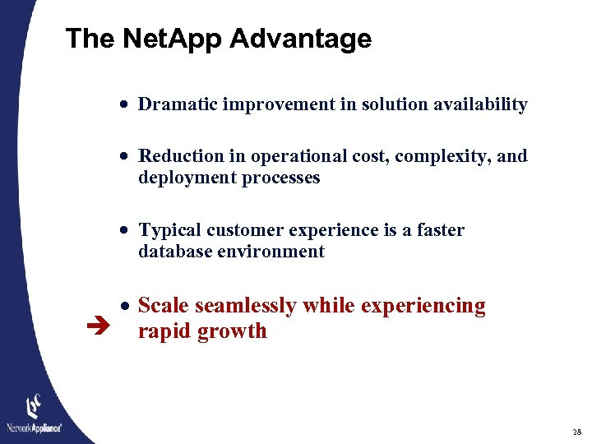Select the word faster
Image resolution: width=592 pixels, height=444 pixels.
pyautogui.click(x=437, y=230)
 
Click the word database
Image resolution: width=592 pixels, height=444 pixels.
pyautogui.click(x=174, y=252)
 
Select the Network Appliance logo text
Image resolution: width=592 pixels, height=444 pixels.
pyautogui.click(x=35, y=428)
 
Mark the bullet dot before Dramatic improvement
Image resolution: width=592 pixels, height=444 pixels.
pyautogui.click(x=123, y=105)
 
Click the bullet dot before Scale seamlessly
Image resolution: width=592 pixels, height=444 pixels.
pyautogui.click(x=123, y=307)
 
